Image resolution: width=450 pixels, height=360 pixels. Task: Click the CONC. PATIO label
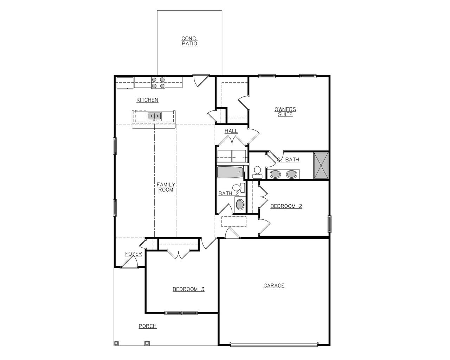(x=189, y=41)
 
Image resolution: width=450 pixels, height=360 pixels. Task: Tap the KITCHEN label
(x=147, y=100)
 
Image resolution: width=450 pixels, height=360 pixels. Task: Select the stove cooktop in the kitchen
(x=158, y=82)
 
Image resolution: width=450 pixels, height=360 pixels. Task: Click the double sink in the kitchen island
(x=154, y=116)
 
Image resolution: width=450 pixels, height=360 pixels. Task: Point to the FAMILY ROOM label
(x=166, y=187)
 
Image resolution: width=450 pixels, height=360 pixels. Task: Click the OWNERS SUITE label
(x=285, y=112)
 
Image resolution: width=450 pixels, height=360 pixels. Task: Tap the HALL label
(x=231, y=131)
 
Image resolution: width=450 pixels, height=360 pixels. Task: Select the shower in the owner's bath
(x=321, y=166)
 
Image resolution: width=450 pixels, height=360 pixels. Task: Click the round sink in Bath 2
(x=240, y=205)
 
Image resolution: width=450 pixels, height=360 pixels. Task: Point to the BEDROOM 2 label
(x=286, y=206)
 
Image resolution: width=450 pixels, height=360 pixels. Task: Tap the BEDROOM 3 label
(x=188, y=289)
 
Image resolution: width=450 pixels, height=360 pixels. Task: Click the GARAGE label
(x=274, y=285)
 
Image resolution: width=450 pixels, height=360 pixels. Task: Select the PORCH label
(x=147, y=326)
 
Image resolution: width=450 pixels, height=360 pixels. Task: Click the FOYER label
(x=134, y=254)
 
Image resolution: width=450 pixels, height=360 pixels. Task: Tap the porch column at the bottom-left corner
(x=117, y=343)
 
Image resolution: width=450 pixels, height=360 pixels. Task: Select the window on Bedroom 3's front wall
(x=181, y=313)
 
